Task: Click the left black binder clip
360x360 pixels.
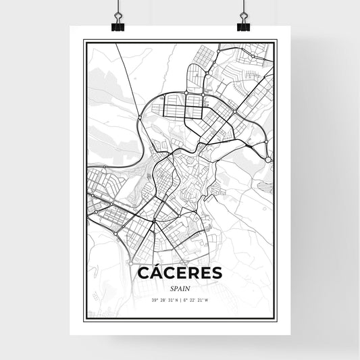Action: pos(120,25)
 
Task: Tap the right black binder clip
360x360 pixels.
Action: pos(243,25)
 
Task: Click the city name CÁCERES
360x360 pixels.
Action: pos(179,272)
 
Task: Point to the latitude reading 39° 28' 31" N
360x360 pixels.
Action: pos(164,299)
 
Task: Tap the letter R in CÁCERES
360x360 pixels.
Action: pos(202,273)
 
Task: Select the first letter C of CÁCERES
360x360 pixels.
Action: pos(144,273)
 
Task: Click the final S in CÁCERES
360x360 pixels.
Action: pos(215,273)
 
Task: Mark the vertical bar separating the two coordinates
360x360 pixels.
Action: pos(180,299)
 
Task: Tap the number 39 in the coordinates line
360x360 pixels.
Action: pos(154,299)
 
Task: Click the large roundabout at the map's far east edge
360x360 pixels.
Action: pos(269,159)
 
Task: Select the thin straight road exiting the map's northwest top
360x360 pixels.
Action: pos(121,54)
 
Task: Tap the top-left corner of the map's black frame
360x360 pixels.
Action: pos(84,41)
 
